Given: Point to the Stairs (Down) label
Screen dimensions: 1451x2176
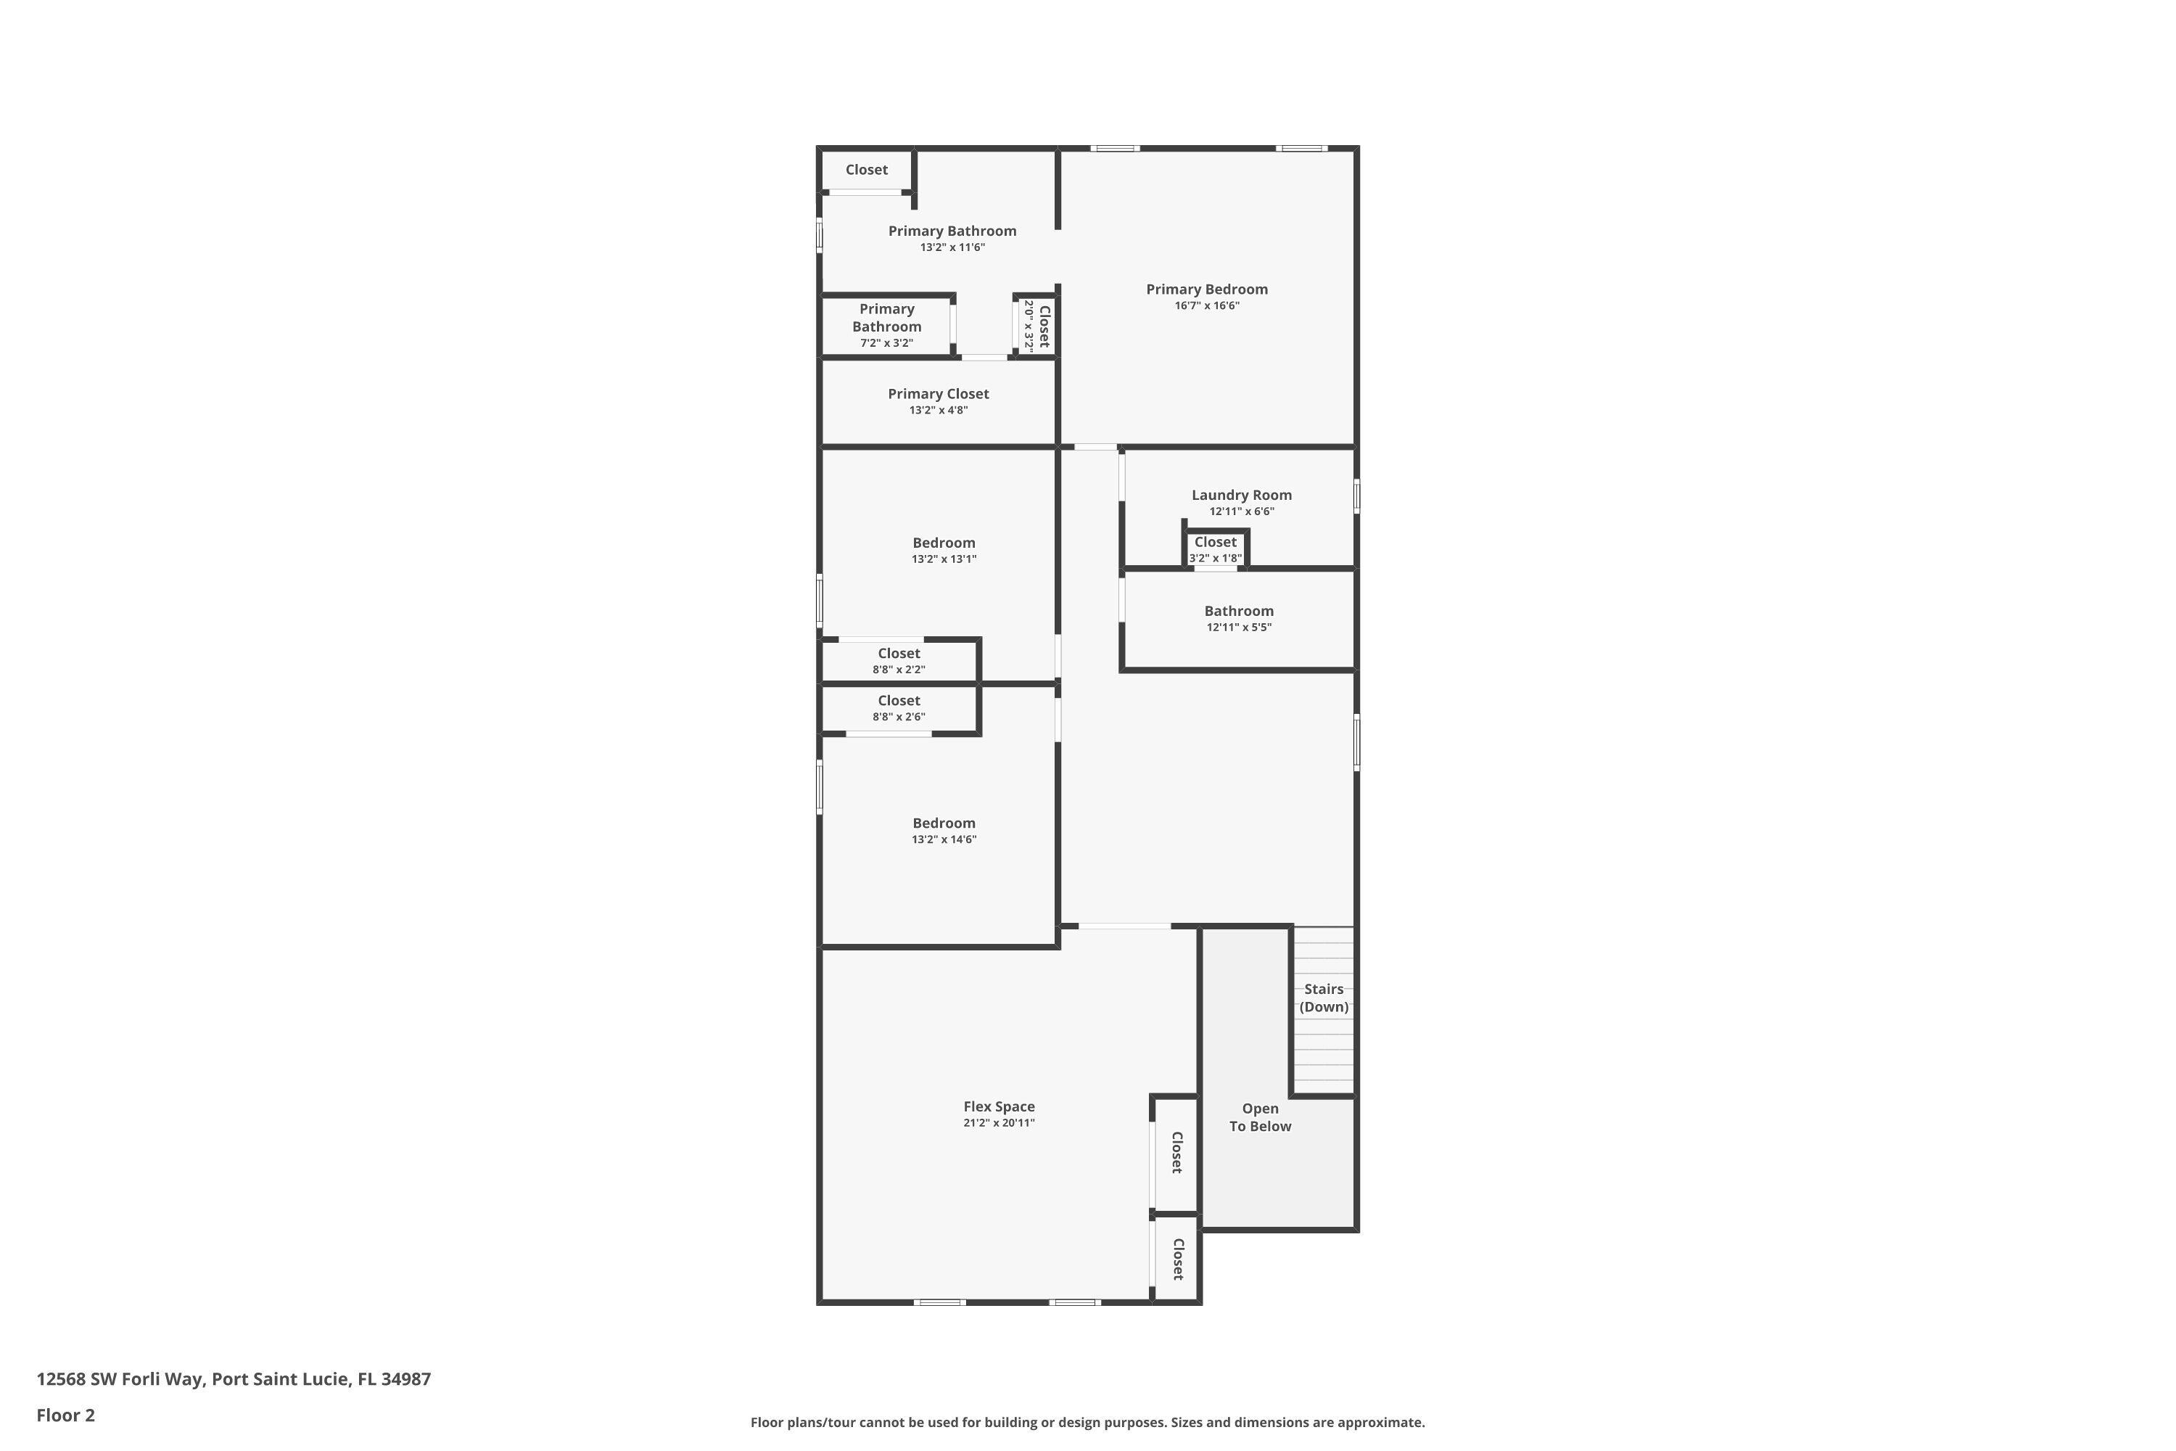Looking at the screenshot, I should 1323,998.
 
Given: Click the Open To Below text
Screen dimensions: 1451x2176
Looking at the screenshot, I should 1259,1117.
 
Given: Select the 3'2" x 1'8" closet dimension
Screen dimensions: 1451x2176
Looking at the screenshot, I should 1215,558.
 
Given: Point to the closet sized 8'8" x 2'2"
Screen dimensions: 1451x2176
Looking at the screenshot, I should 899,661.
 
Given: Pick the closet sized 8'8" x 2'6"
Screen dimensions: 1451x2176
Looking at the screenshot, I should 899,708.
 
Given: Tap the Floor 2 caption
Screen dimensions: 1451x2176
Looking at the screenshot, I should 66,1415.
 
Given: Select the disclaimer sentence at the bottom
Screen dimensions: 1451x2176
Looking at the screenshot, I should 1087,1422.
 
